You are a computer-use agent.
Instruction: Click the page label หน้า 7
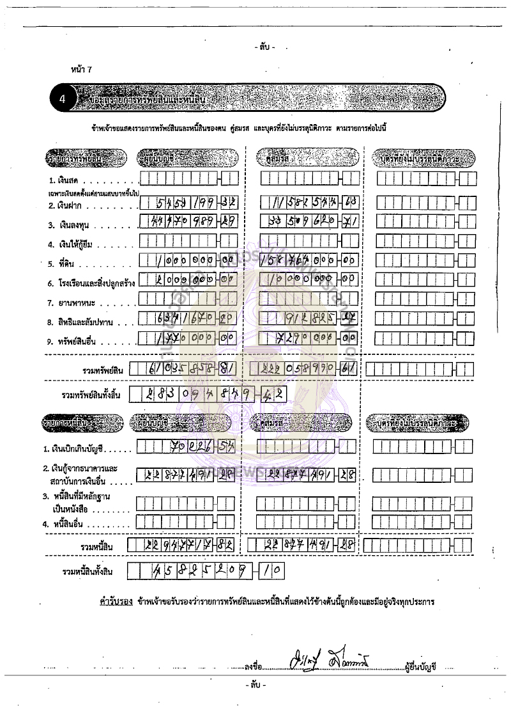(81, 68)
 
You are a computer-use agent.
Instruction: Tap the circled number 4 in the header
(62, 98)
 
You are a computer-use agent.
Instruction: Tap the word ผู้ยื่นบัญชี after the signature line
(420, 667)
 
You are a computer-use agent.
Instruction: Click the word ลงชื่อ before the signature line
(254, 667)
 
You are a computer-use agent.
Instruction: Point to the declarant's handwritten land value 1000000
(185, 261)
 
